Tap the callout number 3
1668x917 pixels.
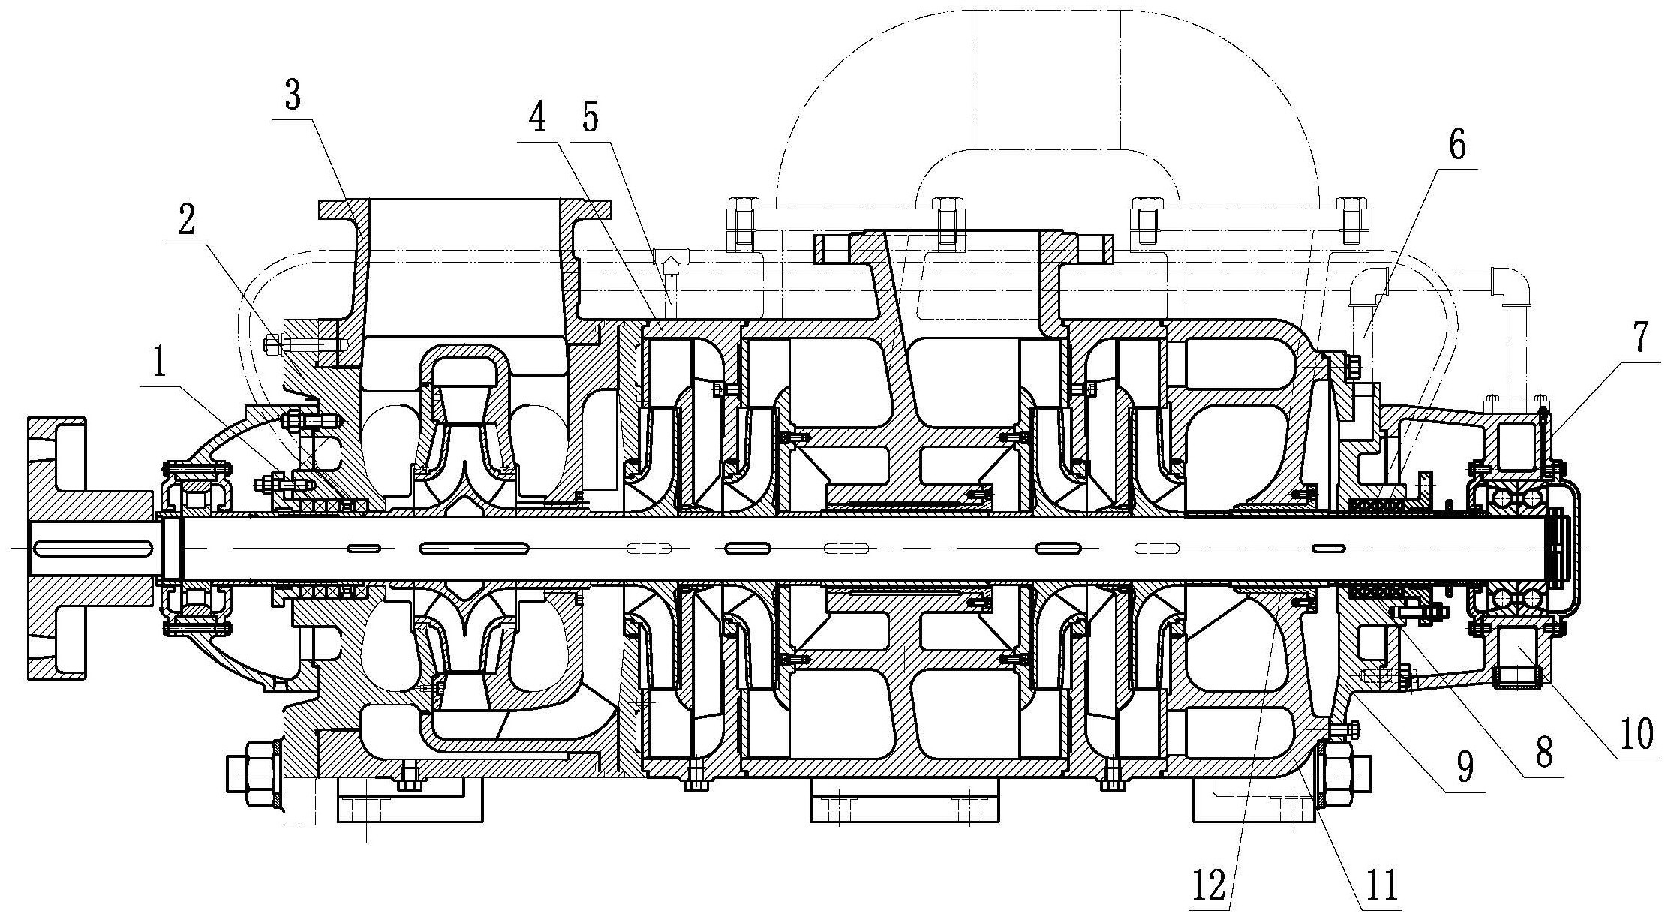[x=292, y=97]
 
